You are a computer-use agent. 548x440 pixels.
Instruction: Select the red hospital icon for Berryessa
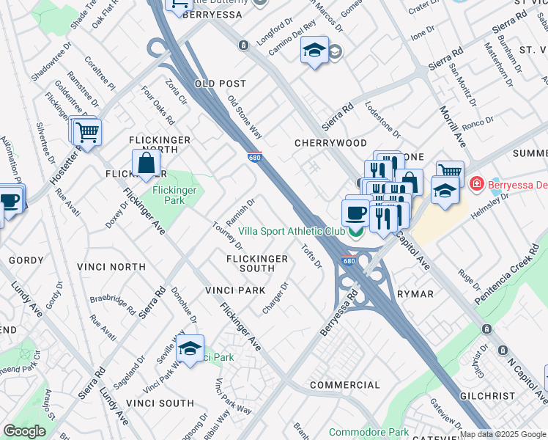(x=477, y=182)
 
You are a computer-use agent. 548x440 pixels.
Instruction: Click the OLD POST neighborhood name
(x=221, y=84)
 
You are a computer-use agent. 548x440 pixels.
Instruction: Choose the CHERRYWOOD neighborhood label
(x=330, y=142)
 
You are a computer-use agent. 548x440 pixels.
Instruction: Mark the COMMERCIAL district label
(x=344, y=385)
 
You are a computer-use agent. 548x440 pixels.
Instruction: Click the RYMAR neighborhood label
(x=415, y=293)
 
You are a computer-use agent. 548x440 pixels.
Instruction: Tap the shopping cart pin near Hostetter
(x=87, y=133)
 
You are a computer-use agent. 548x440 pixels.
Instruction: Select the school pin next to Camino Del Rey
(x=314, y=51)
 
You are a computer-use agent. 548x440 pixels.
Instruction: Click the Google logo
(x=24, y=431)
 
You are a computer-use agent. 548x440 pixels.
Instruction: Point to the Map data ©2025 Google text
(x=503, y=434)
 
